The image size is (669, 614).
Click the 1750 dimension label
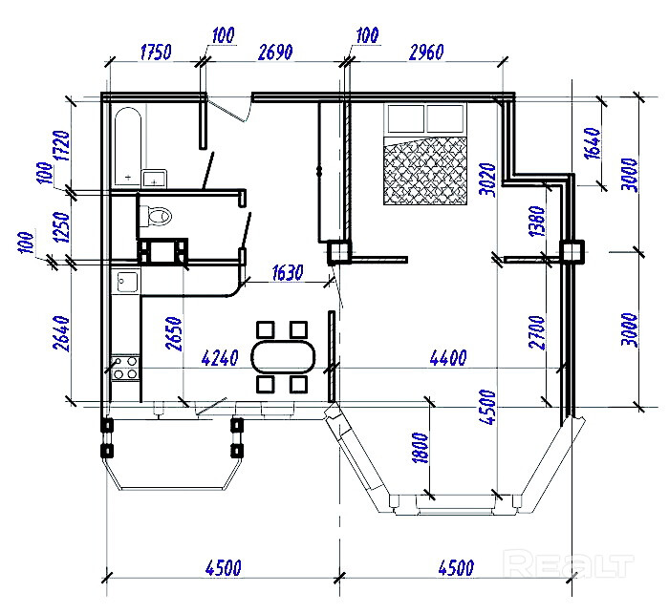point(156,52)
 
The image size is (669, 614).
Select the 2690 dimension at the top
point(275,52)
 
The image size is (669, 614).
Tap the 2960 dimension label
point(426,52)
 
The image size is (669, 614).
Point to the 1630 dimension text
point(288,273)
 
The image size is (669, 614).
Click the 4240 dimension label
point(220,358)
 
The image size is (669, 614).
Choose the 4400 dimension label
point(448,357)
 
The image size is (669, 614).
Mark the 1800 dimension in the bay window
point(421,448)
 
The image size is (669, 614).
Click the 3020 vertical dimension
point(487,180)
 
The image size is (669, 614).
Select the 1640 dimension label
point(593,143)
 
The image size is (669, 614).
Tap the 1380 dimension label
point(537,222)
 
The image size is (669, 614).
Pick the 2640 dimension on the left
point(61,333)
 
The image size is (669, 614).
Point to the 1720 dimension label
point(61,146)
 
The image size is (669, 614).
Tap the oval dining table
point(283,357)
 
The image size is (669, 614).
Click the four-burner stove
point(125,368)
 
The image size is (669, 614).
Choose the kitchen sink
point(128,282)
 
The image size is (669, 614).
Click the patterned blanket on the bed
point(425,171)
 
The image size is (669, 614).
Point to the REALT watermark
point(568,563)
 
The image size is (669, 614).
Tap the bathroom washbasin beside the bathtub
point(154,179)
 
